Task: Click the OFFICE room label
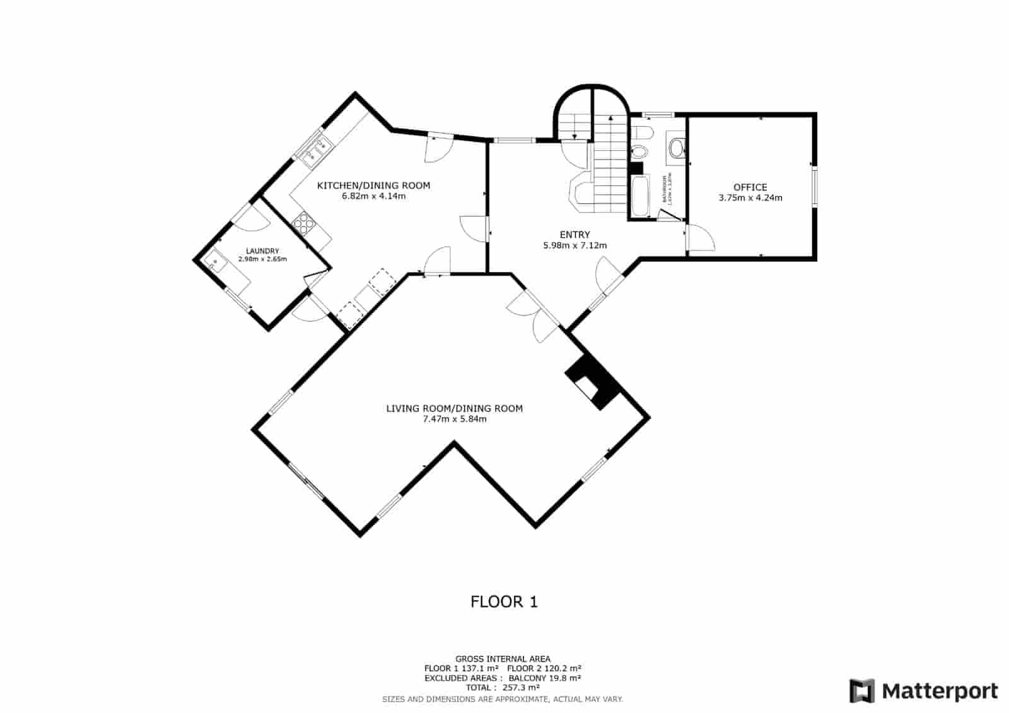[x=750, y=187]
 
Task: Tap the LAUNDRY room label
[x=262, y=251]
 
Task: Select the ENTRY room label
[x=574, y=235]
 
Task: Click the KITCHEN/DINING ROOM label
[x=373, y=186]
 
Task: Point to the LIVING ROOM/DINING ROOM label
[x=454, y=408]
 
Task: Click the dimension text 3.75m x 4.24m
[x=750, y=197]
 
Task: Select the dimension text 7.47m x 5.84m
[x=454, y=418]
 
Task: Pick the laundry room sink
[x=215, y=260]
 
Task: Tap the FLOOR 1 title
[x=504, y=601]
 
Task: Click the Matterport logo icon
[x=862, y=691]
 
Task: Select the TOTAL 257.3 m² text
[x=503, y=688]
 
